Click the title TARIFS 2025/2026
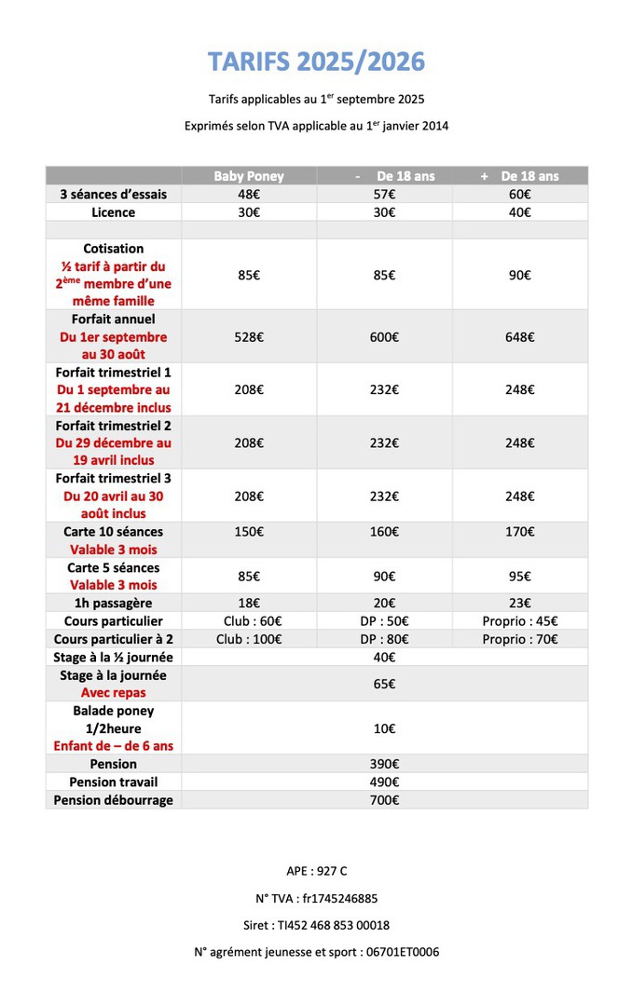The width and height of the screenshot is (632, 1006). (x=316, y=62)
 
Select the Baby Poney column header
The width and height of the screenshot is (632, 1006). (x=249, y=176)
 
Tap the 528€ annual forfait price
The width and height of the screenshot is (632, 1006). (x=249, y=337)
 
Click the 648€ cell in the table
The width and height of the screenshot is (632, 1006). (x=520, y=337)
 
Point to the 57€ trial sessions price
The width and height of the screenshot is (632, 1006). (x=384, y=195)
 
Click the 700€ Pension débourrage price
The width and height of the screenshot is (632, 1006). (x=384, y=800)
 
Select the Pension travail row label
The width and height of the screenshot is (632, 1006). (x=114, y=782)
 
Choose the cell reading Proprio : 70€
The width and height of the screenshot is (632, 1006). (x=520, y=639)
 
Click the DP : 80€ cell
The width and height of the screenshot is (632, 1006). (x=384, y=639)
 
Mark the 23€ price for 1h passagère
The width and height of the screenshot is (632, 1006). (x=520, y=604)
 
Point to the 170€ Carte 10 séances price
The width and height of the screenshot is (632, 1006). (x=520, y=532)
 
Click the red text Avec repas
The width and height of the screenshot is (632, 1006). (x=114, y=693)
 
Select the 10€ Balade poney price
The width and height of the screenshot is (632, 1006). (x=384, y=728)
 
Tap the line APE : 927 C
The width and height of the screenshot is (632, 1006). (x=316, y=872)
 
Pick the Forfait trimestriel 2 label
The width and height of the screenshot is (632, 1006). (x=114, y=425)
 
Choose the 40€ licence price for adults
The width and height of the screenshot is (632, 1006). (x=520, y=212)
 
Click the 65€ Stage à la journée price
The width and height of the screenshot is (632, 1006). (x=384, y=684)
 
